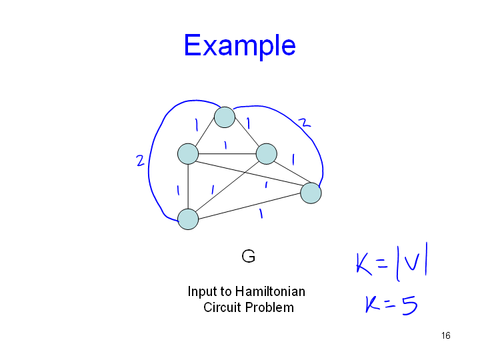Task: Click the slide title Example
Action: click(x=240, y=46)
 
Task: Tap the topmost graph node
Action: click(x=225, y=117)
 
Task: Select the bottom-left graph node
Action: click(x=188, y=219)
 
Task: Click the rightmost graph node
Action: click(x=311, y=193)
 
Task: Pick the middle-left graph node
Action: click(x=188, y=154)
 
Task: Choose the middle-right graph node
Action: click(x=266, y=154)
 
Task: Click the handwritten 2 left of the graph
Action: click(x=140, y=161)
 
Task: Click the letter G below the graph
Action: click(x=248, y=256)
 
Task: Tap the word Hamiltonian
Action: click(x=270, y=291)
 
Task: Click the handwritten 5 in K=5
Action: click(x=409, y=305)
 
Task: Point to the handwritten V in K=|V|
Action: click(x=412, y=263)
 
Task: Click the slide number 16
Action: click(x=446, y=335)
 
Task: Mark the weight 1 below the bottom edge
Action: click(x=261, y=213)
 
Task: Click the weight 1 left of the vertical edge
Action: click(x=178, y=191)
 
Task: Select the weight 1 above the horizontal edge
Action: click(x=225, y=145)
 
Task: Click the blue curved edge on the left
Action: click(x=149, y=162)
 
